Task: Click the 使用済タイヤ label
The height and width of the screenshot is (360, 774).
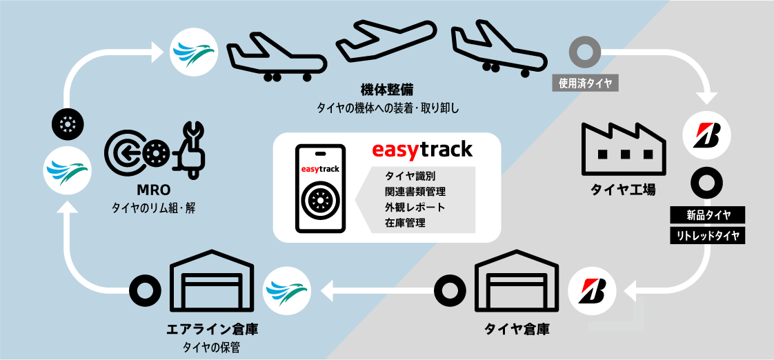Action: coord(585,83)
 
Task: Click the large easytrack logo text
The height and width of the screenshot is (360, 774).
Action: coord(422,149)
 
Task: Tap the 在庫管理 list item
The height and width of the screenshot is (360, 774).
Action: coord(405,222)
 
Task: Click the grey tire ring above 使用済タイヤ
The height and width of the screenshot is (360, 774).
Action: coord(585,53)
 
